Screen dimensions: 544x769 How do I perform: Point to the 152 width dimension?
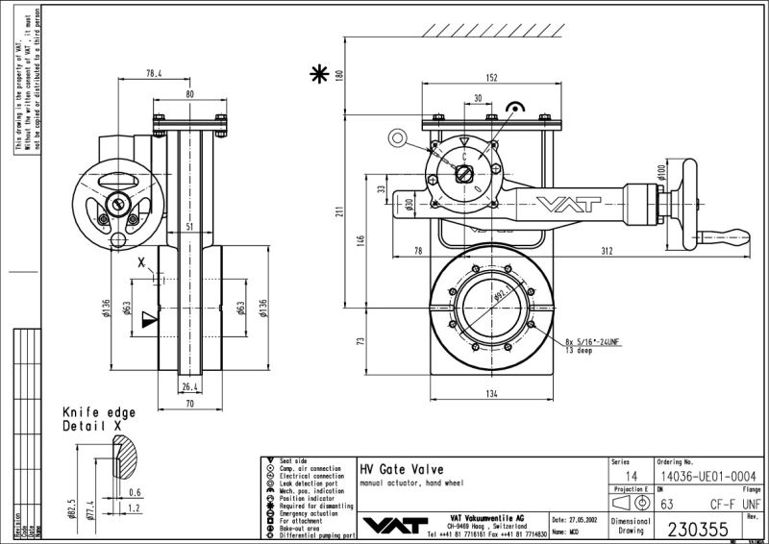[490, 79]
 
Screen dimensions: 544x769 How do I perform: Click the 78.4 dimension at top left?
[155, 73]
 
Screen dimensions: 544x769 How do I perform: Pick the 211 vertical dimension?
[339, 213]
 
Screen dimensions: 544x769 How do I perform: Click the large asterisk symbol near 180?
[316, 74]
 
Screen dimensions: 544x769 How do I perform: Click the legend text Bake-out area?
[304, 525]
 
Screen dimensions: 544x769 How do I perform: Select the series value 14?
[631, 476]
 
